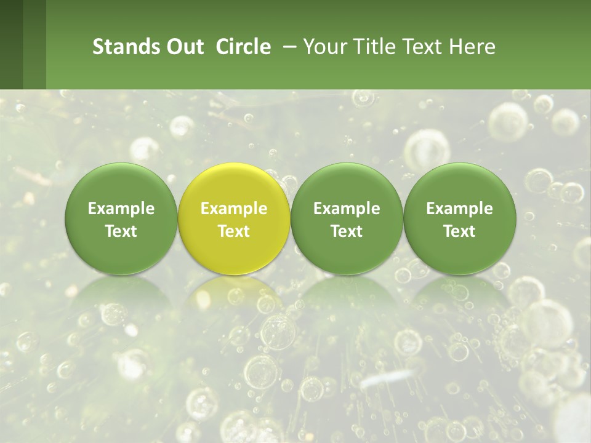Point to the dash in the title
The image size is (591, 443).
[287, 47]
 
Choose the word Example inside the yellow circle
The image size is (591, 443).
[234, 209]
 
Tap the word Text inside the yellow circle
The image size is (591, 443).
[234, 231]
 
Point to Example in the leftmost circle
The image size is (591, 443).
[121, 209]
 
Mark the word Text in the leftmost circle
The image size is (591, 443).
[121, 231]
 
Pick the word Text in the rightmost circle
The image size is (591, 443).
[460, 231]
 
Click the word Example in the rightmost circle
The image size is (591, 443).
[460, 209]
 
